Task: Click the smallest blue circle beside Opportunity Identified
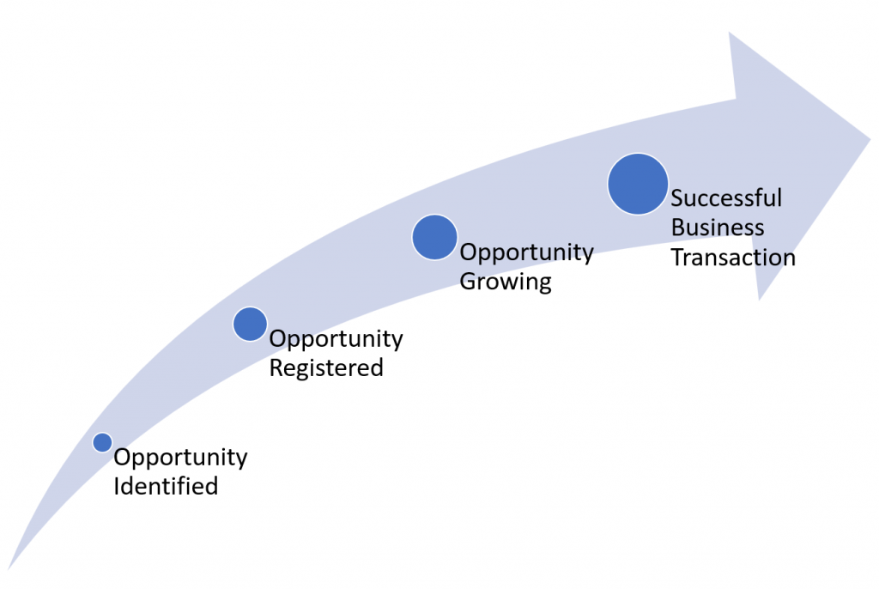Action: tap(103, 442)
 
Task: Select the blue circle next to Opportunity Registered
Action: tap(250, 324)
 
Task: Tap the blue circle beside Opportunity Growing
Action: tap(434, 237)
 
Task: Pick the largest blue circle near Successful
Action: tap(638, 184)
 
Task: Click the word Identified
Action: tap(166, 486)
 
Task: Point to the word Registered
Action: tap(326, 368)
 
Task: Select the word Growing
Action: tap(506, 282)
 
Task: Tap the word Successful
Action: tap(726, 197)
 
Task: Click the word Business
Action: tap(718, 228)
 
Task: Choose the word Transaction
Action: tap(733, 258)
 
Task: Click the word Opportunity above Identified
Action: tap(180, 458)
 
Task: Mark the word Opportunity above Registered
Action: tap(336, 339)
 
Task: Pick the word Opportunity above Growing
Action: tap(526, 253)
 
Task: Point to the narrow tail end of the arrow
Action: tap(9, 568)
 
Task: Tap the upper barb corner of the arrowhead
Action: tap(730, 33)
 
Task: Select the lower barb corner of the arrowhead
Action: tap(759, 300)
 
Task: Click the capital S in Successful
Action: tap(677, 198)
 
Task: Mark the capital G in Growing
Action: tap(469, 281)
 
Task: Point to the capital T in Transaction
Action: tap(678, 258)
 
